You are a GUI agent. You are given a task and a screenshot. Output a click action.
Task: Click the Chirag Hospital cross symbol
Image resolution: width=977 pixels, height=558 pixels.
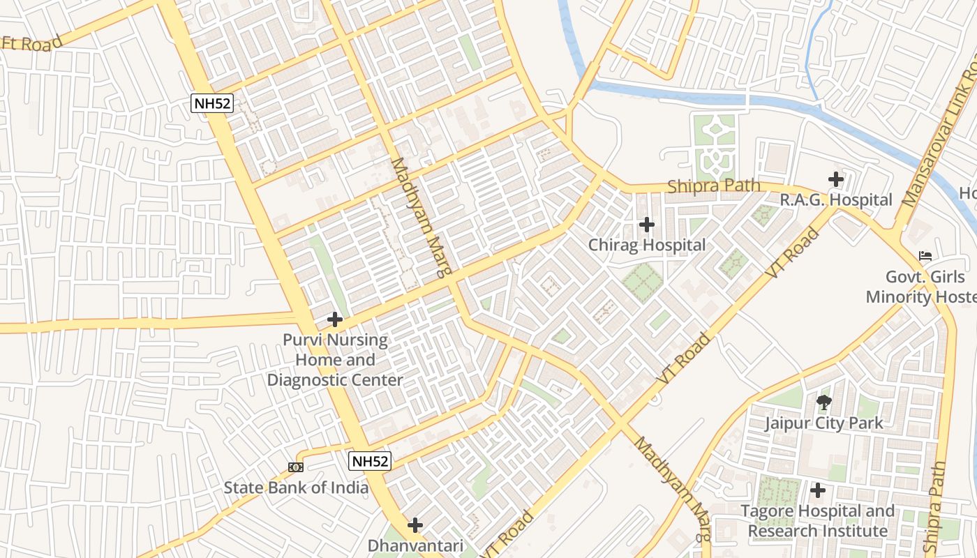(647, 225)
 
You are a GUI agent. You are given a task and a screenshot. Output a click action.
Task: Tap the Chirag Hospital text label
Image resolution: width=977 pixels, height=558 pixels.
(647, 245)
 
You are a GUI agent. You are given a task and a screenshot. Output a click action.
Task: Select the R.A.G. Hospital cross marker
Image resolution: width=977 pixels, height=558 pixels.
(836, 179)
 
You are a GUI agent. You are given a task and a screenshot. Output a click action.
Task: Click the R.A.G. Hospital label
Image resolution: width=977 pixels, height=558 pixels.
(836, 200)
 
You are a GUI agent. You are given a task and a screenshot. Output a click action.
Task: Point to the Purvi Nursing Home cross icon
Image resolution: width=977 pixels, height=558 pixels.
(335, 319)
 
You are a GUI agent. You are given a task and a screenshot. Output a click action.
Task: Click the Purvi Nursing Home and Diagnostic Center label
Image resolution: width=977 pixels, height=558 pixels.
(335, 360)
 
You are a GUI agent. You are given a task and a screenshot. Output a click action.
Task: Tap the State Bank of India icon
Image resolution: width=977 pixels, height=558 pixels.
(296, 467)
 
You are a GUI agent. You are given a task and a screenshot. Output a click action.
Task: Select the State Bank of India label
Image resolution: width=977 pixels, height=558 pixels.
(296, 488)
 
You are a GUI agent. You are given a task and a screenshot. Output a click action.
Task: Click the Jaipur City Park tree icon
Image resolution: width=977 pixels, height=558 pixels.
(823, 402)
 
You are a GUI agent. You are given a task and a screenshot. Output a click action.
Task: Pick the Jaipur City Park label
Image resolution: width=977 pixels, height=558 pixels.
(823, 423)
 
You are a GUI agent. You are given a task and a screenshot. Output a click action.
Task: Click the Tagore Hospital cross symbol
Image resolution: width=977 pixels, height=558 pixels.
(818, 490)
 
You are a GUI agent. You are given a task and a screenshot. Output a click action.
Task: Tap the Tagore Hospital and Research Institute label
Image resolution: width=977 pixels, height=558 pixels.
(818, 521)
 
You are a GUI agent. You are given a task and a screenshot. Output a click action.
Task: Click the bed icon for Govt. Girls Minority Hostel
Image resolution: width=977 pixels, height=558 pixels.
(925, 256)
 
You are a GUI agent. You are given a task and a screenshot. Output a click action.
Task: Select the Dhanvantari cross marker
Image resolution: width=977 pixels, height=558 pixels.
(415, 525)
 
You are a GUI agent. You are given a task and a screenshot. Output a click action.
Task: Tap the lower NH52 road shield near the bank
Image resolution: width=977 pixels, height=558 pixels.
(370, 461)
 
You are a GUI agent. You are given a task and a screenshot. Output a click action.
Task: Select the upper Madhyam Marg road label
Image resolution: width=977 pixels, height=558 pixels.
(422, 216)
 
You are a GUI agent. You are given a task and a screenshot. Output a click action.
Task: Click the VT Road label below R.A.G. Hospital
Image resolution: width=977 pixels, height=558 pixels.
(793, 254)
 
